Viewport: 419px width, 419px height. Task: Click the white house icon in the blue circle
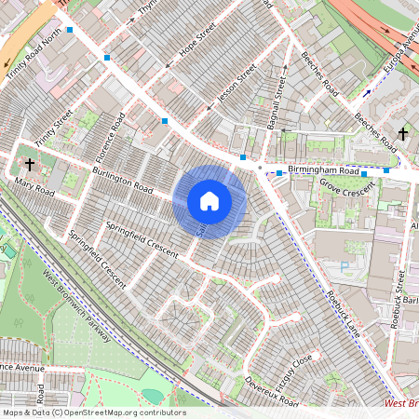pyautogui.click(x=209, y=200)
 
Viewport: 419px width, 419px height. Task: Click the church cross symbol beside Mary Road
pyautogui.click(x=30, y=165)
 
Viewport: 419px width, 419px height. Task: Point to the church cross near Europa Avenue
pyautogui.click(x=403, y=134)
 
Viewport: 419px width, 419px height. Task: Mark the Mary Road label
pyautogui.click(x=34, y=190)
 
